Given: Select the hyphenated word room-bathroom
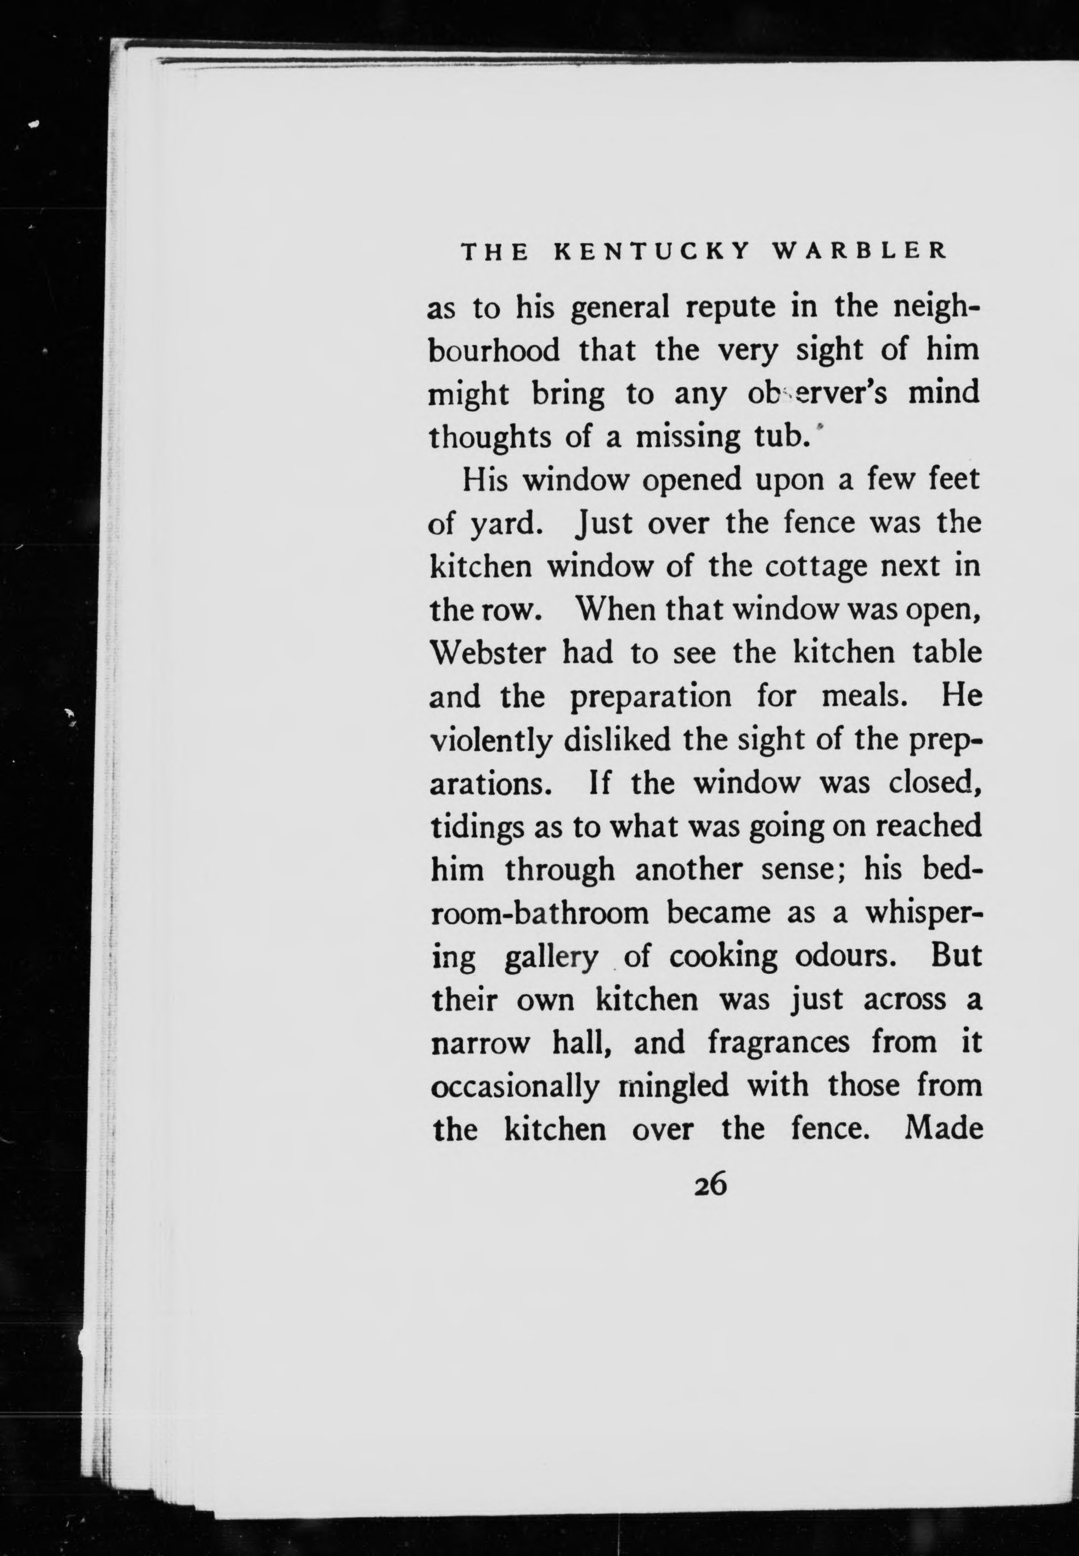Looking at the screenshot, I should [540, 914].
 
